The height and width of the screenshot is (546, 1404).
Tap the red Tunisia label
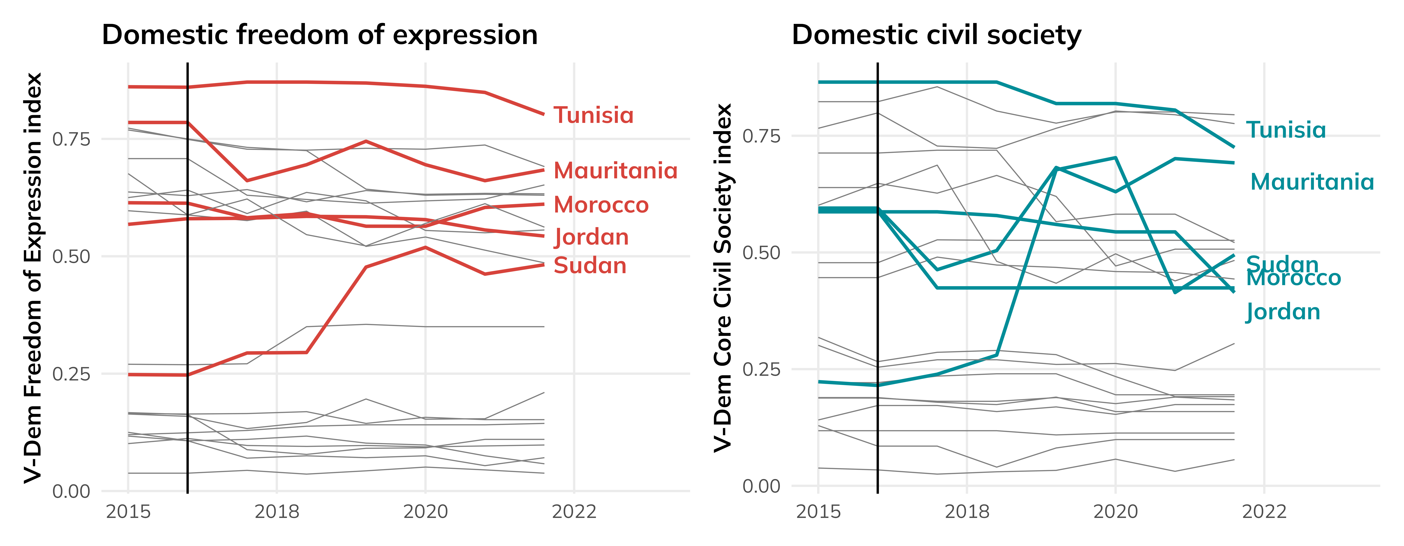click(x=593, y=115)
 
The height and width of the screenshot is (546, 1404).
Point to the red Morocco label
click(x=601, y=205)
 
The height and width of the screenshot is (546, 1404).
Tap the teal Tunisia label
click(x=1286, y=130)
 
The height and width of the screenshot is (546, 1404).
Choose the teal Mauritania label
click(x=1312, y=182)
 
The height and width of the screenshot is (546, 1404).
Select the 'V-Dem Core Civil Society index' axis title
click(x=723, y=278)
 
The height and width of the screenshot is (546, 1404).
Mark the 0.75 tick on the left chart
click(x=71, y=139)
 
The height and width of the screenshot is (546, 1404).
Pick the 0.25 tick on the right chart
click(x=761, y=369)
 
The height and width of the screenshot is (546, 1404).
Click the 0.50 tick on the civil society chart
click(x=761, y=252)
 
